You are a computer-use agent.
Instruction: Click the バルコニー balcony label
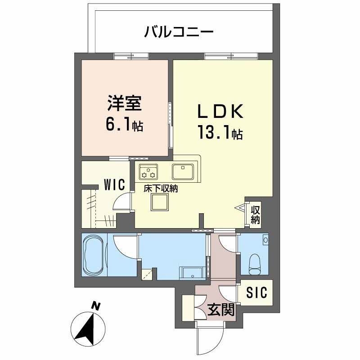pos(179,32)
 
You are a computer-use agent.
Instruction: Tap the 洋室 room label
pos(125,104)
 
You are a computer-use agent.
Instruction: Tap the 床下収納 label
pos(161,189)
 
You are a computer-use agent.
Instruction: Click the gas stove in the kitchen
pos(148,171)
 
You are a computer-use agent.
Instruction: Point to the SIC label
pos(256,293)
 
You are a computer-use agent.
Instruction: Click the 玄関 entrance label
pos(220,310)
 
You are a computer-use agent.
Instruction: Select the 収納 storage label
pos(255,214)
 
